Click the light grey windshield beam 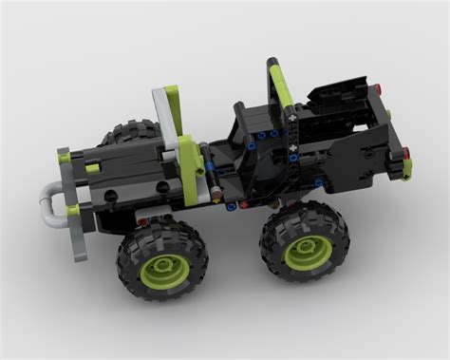click(162, 119)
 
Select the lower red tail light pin click(406, 155)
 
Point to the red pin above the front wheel click(141, 221)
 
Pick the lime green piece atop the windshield click(173, 95)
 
